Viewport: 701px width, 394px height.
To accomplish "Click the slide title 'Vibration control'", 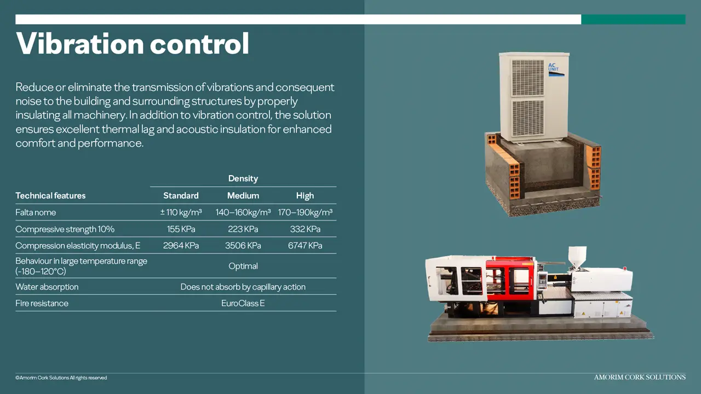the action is pyautogui.click(x=133, y=43).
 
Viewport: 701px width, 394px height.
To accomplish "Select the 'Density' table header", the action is pyautogui.click(x=243, y=178).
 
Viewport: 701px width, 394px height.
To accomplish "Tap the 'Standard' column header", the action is pyautogui.click(x=181, y=196).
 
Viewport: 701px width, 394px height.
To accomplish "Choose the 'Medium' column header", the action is pyautogui.click(x=243, y=196).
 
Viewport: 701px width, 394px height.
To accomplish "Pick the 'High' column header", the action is pyautogui.click(x=305, y=196).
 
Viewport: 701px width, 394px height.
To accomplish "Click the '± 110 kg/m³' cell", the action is pyautogui.click(x=181, y=212).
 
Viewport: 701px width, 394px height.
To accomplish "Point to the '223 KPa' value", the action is pyautogui.click(x=243, y=229).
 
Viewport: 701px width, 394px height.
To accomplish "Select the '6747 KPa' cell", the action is pyautogui.click(x=305, y=246).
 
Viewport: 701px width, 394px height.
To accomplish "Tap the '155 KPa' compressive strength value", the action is pyautogui.click(x=181, y=229).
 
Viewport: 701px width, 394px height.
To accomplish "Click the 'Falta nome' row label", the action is pyautogui.click(x=36, y=213).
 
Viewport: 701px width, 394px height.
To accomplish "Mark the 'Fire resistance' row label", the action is pyautogui.click(x=42, y=303).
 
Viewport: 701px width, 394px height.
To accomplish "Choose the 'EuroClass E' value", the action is pyautogui.click(x=243, y=303).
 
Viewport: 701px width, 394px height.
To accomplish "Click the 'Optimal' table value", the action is pyautogui.click(x=243, y=266).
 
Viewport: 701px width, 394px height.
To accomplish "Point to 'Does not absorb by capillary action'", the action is pyautogui.click(x=243, y=287).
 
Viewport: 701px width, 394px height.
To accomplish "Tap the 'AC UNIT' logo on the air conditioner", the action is pyautogui.click(x=556, y=69).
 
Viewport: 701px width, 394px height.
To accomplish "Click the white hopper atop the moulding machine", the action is pyautogui.click(x=577, y=257).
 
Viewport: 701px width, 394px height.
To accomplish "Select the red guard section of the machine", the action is pyautogui.click(x=509, y=279).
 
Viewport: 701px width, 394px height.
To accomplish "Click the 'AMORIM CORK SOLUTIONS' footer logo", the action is pyautogui.click(x=640, y=378).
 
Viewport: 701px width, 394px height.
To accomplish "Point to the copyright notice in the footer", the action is pyautogui.click(x=61, y=378).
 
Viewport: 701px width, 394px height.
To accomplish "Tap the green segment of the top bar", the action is pyautogui.click(x=634, y=19).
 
